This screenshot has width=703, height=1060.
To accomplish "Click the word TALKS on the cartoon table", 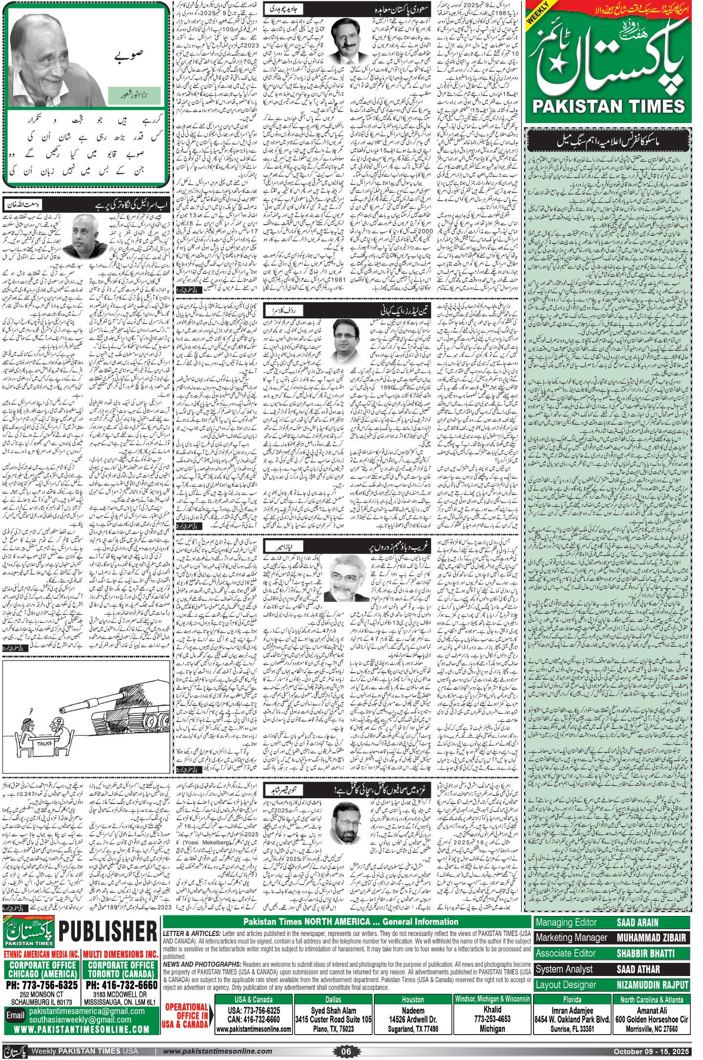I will click(x=45, y=744).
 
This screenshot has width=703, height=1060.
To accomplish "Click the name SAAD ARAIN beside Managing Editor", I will click(x=637, y=922).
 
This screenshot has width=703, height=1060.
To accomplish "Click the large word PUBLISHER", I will click(x=107, y=933).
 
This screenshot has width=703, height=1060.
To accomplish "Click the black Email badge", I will click(x=15, y=1015).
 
